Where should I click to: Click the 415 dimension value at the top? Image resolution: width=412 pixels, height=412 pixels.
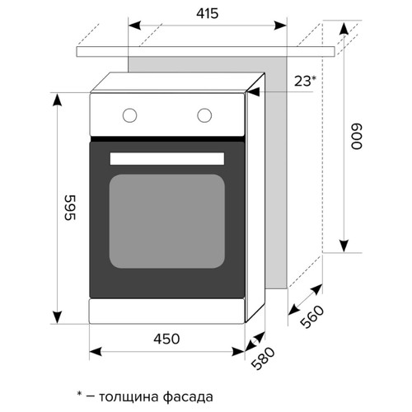click(206, 14)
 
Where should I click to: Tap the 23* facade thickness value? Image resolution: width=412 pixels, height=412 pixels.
click(305, 81)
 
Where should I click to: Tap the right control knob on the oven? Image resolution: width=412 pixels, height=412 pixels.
click(202, 115)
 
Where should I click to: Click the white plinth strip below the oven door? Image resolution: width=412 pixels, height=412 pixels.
click(167, 311)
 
